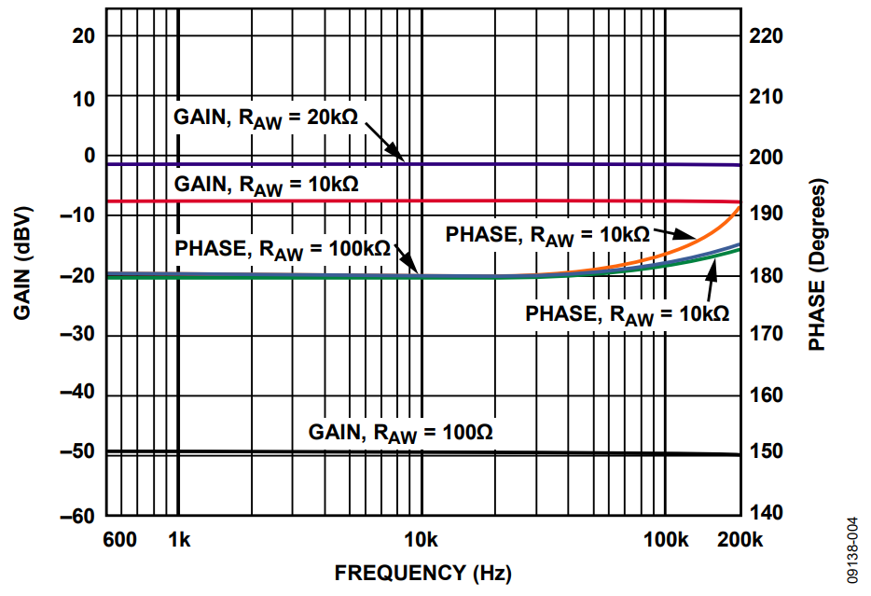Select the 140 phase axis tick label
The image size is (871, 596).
(x=767, y=513)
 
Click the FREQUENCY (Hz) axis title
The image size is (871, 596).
(x=422, y=573)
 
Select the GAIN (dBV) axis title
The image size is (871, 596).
(x=23, y=274)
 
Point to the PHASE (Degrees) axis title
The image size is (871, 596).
(x=818, y=266)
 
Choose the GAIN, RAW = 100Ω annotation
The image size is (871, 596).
(x=401, y=433)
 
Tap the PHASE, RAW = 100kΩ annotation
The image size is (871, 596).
(x=283, y=249)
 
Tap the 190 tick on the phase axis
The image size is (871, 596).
(x=767, y=215)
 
